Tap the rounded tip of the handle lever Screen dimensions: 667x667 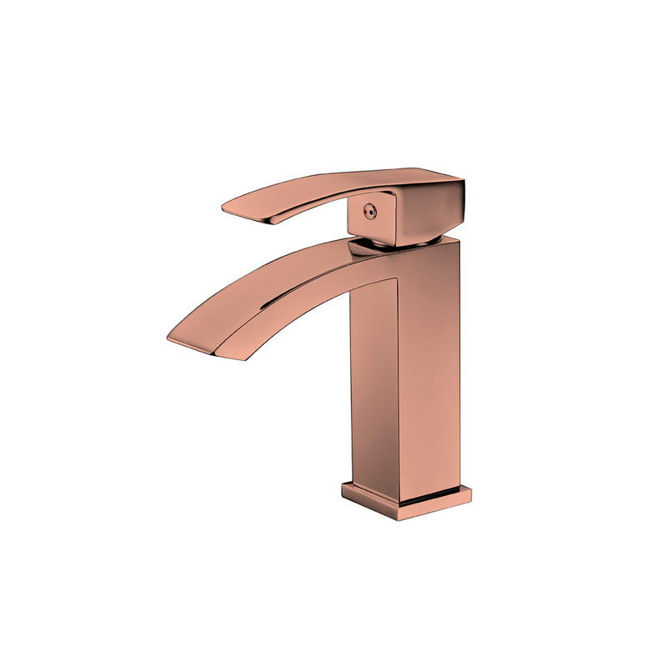tap(228, 206)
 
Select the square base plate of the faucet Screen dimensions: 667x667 tap(406, 500)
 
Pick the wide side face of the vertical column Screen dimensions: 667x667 tap(429, 367)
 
